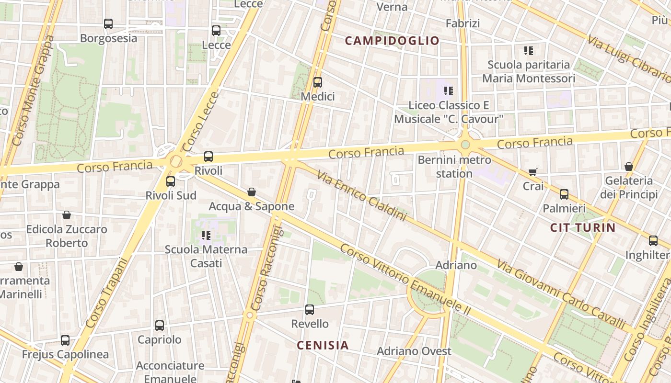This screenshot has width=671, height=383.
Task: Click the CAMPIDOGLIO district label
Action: [x=392, y=41]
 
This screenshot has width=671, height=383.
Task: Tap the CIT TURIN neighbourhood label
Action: [x=582, y=227]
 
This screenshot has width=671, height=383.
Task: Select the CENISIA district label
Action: [x=323, y=345]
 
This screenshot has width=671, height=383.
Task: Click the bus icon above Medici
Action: [x=317, y=82]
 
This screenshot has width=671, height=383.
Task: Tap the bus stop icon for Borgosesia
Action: [x=108, y=24]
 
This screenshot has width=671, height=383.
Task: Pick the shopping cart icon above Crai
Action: [x=533, y=171]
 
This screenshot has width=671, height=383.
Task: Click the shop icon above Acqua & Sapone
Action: [x=251, y=192]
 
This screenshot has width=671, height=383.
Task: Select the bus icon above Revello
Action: [x=310, y=310]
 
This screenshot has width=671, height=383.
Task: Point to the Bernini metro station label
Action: [x=454, y=166]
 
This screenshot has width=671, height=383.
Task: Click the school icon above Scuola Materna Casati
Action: [x=206, y=235]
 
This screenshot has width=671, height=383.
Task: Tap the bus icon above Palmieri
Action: [x=564, y=194]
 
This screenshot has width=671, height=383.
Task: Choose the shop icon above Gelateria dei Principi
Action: [x=628, y=167]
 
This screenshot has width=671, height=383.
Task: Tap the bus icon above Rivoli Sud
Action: [x=171, y=181]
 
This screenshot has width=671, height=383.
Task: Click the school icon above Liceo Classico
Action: [x=449, y=90]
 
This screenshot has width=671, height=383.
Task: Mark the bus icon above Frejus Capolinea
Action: [x=65, y=340]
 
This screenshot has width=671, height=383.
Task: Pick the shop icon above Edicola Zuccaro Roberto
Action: [x=67, y=215]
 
